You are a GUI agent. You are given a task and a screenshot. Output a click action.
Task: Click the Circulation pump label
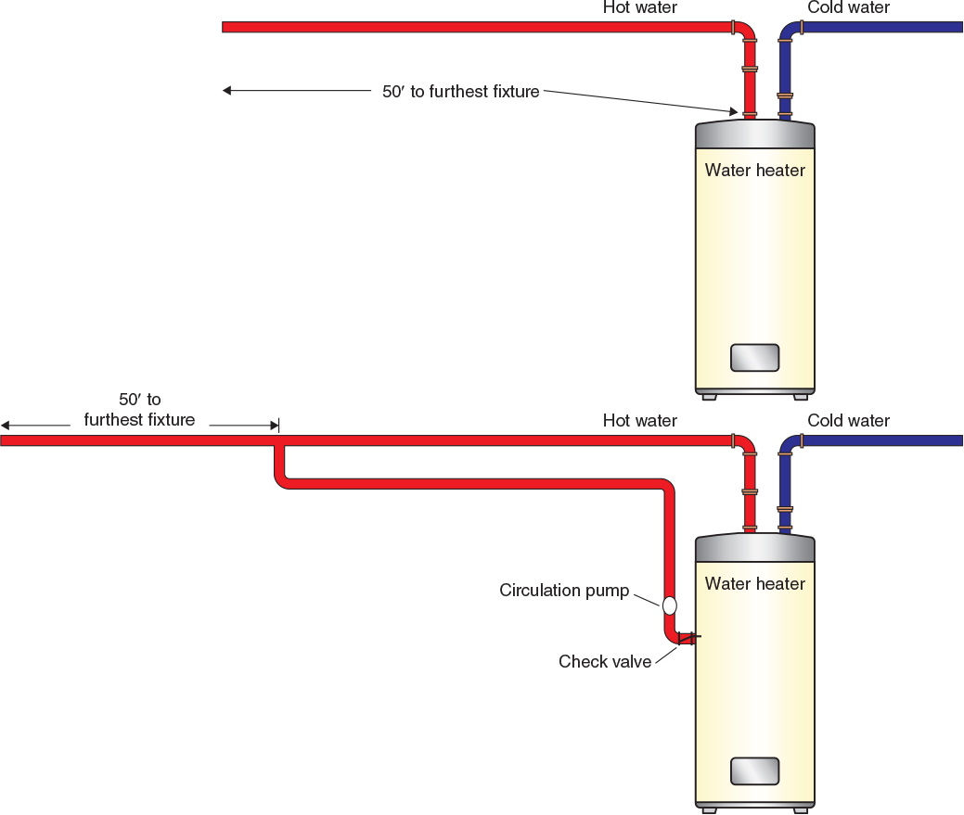coord(564,591)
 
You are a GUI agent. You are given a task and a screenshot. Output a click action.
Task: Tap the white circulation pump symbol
coord(669,605)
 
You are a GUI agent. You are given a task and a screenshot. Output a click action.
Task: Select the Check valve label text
coord(605,661)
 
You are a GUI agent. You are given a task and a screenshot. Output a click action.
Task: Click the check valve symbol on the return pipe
coord(687,637)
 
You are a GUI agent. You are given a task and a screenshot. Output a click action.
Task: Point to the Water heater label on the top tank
coord(754,170)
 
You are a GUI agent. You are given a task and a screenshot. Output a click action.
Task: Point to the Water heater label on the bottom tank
coord(754,583)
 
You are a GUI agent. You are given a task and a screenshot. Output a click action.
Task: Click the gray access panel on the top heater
coord(754,357)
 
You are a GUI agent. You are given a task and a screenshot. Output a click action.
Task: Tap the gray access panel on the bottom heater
coord(754,770)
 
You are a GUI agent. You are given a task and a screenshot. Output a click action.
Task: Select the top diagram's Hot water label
coord(639,8)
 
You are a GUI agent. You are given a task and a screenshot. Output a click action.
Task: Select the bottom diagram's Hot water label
coord(639,421)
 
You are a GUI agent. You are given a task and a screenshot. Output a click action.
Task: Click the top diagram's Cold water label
coord(848,8)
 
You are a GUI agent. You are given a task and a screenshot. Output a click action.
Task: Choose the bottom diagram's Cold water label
coord(848,421)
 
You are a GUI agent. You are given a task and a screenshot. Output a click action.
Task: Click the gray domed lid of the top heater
coord(754,134)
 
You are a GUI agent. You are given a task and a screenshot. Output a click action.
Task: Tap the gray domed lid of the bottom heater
coord(754,547)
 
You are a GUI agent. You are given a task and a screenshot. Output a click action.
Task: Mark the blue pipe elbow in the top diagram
coord(788,32)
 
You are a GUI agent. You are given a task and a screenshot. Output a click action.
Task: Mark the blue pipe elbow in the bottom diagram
coord(788,445)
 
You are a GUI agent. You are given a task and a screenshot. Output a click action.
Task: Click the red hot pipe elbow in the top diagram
coord(746,32)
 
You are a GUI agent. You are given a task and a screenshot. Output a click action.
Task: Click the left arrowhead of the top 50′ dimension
coord(226,90)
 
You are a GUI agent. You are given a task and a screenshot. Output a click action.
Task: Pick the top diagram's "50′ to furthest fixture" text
coord(460,92)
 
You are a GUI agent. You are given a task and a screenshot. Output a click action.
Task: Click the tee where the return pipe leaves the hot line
coord(279,442)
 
